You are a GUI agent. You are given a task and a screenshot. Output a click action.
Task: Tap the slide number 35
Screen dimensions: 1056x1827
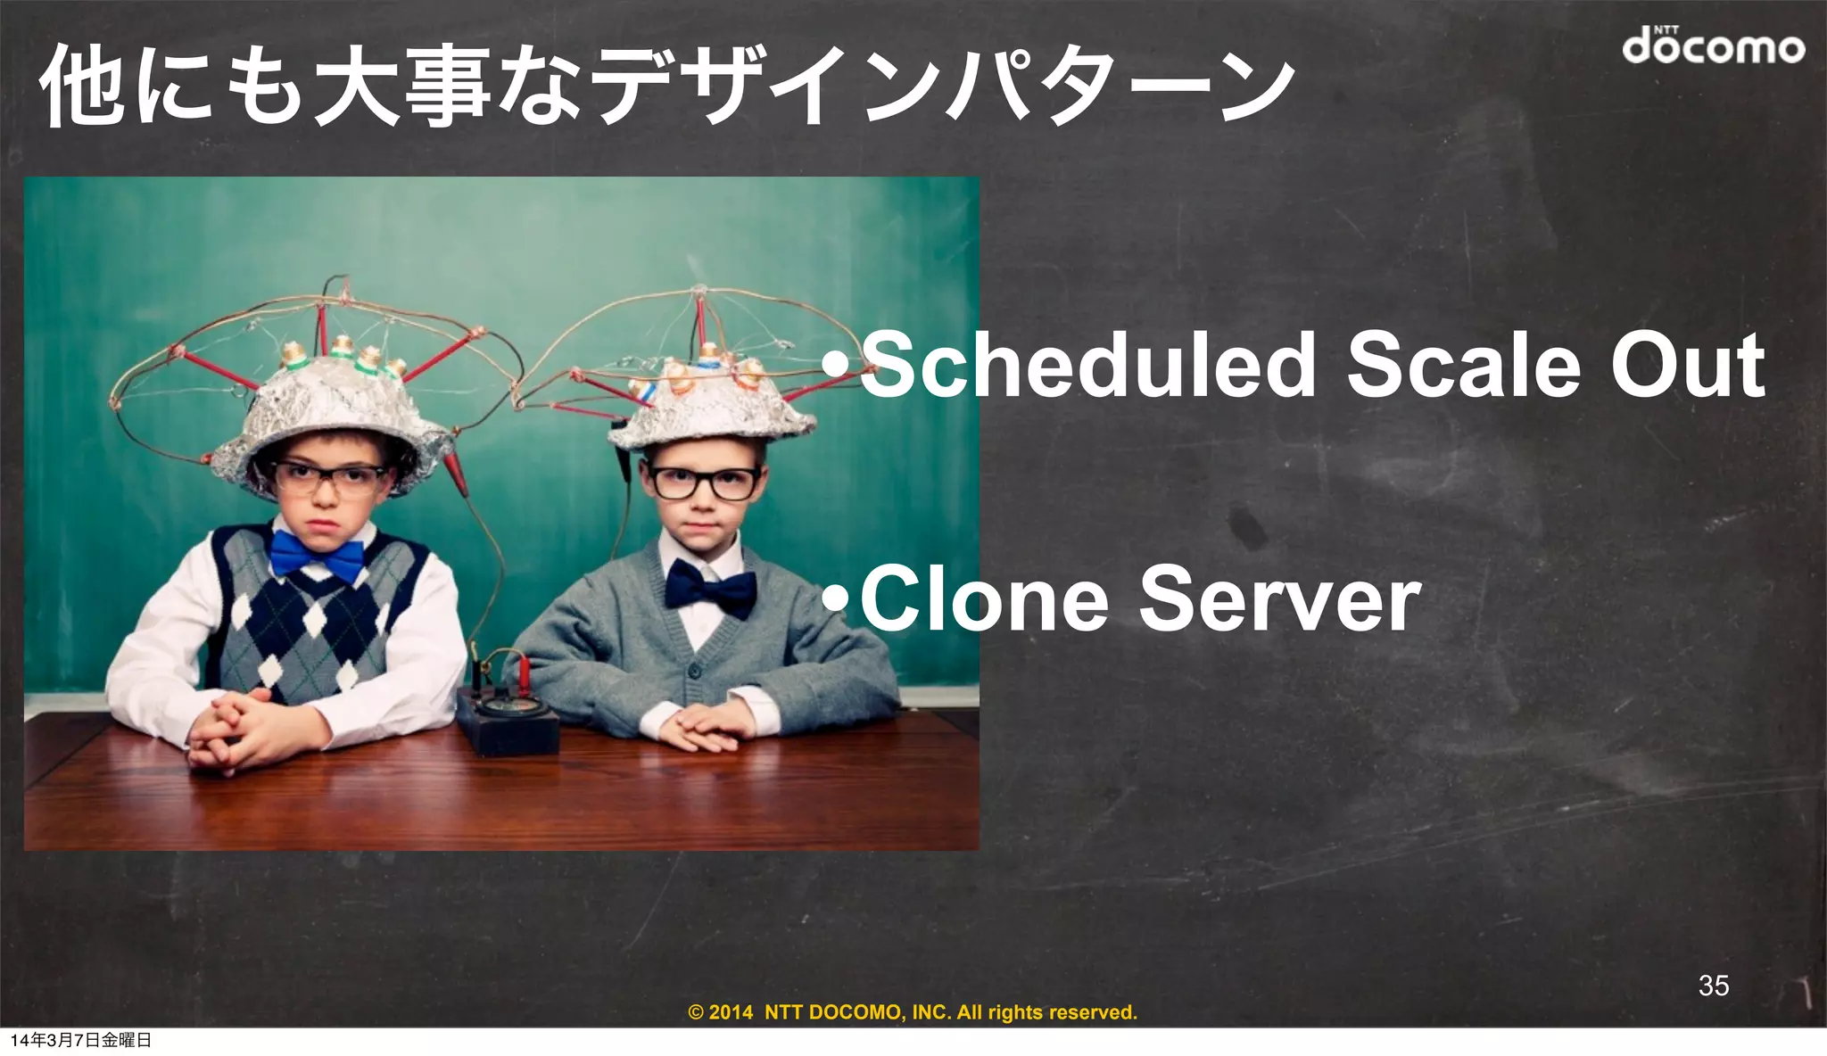[1713, 985]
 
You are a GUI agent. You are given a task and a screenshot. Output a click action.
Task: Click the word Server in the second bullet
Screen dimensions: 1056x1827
[1279, 599]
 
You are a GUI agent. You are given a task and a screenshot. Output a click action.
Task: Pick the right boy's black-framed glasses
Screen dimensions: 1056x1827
[705, 483]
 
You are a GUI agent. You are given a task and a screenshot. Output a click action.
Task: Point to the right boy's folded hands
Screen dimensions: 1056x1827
[705, 727]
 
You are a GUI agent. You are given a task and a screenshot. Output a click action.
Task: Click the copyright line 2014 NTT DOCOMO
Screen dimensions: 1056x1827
[913, 1012]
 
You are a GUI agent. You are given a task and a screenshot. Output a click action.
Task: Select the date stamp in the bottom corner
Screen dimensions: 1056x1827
[80, 1040]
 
